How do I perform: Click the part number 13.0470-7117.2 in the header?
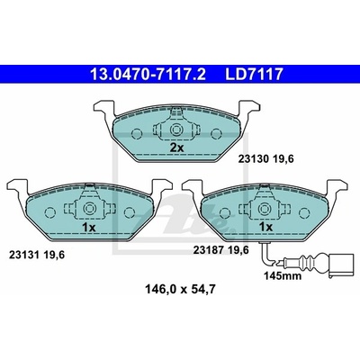tap(148, 75)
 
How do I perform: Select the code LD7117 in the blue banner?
tap(254, 75)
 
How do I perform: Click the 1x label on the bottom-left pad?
tap(88, 228)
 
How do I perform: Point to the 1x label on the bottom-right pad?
tap(265, 227)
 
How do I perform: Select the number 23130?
tap(253, 159)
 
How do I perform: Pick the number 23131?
tap(24, 255)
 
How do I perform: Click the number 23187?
tap(208, 250)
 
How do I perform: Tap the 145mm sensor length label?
tap(283, 275)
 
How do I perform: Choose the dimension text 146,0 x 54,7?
tap(180, 290)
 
